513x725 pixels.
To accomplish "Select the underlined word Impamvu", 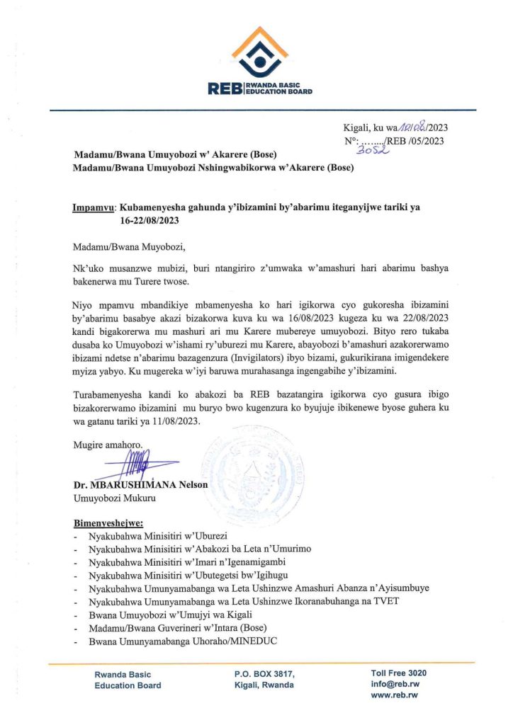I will pyautogui.click(x=94, y=208).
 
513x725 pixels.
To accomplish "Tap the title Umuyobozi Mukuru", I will pyautogui.click(x=110, y=498).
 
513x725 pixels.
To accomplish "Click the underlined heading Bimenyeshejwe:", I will pyautogui.click(x=108, y=525).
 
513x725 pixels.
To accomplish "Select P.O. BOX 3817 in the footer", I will pyautogui.click(x=264, y=674).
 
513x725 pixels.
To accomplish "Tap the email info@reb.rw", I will pyautogui.click(x=394, y=685).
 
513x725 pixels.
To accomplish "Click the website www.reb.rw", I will pyautogui.click(x=394, y=696).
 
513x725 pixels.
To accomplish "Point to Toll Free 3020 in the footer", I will pyautogui.click(x=398, y=673).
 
